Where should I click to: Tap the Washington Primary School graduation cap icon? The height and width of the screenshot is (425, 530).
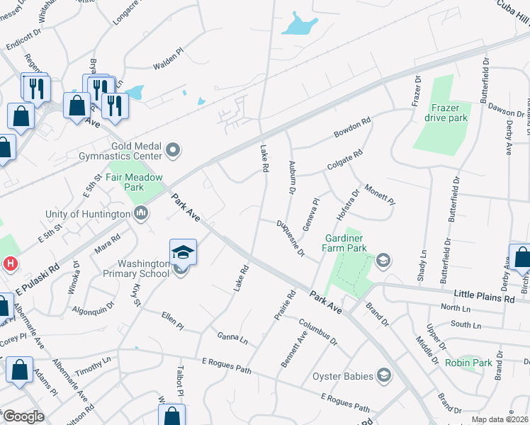tap(183, 253)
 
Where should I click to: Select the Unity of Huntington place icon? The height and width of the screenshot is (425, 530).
tap(140, 212)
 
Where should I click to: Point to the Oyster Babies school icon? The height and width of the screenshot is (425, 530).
tap(384, 375)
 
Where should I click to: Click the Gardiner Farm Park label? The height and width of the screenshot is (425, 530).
tap(346, 243)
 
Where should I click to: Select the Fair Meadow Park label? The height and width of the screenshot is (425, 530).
tap(135, 182)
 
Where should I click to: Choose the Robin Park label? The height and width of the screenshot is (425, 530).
tap(468, 363)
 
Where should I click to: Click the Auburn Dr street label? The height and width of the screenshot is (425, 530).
tap(291, 176)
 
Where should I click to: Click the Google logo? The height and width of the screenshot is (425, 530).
tap(23, 416)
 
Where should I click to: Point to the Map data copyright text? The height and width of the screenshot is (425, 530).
tap(500, 419)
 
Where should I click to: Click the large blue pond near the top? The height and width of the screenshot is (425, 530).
tap(300, 26)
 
